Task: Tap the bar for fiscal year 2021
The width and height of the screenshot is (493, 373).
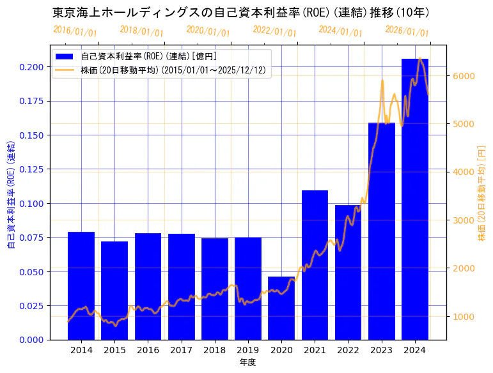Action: click(315, 265)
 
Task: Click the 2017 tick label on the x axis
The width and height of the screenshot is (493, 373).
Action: click(181, 350)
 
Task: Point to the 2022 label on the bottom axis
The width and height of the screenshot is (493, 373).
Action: click(348, 350)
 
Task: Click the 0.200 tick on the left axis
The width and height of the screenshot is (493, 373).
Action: click(31, 67)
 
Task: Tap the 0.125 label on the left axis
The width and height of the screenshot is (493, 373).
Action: click(31, 169)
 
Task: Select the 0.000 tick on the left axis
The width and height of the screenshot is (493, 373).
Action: click(31, 340)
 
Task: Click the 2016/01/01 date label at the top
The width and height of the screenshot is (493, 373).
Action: click(75, 31)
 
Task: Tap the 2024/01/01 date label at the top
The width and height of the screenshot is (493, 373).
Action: click(340, 31)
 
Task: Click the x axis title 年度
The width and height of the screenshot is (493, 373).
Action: click(248, 362)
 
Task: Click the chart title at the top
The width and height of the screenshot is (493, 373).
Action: click(240, 12)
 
